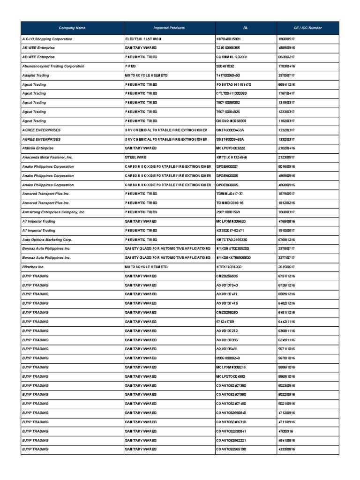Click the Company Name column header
(x=72, y=28)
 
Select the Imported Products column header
(x=169, y=28)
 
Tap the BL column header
(x=246, y=28)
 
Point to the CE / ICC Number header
(x=307, y=28)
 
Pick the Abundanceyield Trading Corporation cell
(x=53, y=66)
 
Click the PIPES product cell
(x=130, y=66)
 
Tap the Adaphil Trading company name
(x=35, y=75)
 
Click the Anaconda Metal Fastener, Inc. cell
(x=47, y=157)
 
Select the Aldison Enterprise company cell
(x=38, y=148)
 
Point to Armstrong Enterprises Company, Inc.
(x=53, y=212)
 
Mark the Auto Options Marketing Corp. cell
(x=47, y=240)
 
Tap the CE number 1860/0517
(x=286, y=39)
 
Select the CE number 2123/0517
(x=286, y=157)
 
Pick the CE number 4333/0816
(x=286, y=449)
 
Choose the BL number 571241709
(x=226, y=322)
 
